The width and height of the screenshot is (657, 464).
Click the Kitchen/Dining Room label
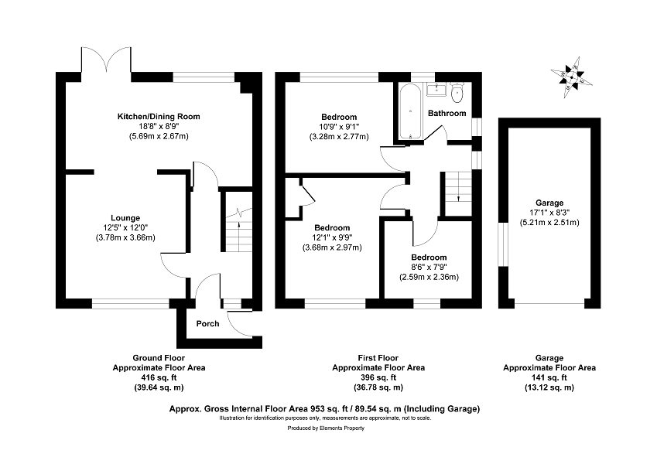pyautogui.click(x=158, y=116)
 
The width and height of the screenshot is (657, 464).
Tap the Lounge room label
pyautogui.click(x=125, y=217)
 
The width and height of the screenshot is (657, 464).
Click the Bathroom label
pyautogui.click(x=448, y=113)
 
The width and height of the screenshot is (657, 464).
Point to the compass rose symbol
pyautogui.click(x=573, y=78)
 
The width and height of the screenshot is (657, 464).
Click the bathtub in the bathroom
pyautogui.click(x=409, y=111)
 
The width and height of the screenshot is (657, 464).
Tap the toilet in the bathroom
pyautogui.click(x=457, y=95)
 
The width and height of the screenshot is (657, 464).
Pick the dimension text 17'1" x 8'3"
pyautogui.click(x=549, y=213)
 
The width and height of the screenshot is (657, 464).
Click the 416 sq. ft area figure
pyautogui.click(x=158, y=377)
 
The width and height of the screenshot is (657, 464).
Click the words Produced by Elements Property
pyautogui.click(x=326, y=428)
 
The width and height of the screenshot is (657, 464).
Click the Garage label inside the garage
pyautogui.click(x=549, y=203)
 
